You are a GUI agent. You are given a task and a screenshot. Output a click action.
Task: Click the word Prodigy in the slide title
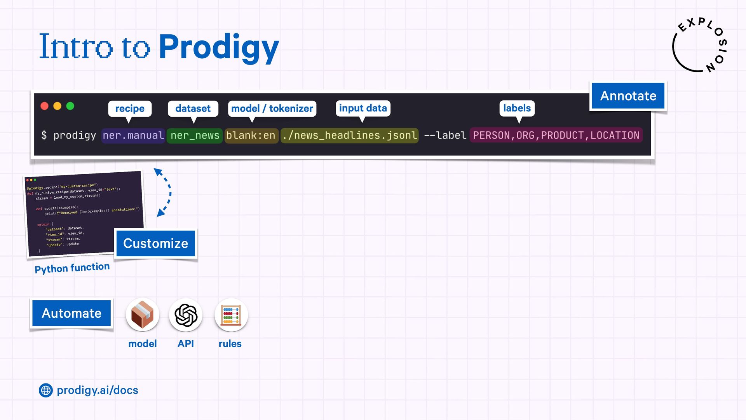219,47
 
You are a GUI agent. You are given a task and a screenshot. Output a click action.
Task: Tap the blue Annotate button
628,96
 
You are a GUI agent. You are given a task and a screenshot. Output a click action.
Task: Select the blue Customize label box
155,243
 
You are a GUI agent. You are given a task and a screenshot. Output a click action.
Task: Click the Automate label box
71,313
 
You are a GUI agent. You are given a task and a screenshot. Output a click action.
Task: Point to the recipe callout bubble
130,108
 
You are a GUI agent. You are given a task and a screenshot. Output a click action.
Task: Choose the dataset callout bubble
193,108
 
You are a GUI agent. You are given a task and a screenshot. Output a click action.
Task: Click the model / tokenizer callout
272,108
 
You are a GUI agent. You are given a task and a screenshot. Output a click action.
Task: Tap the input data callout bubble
363,108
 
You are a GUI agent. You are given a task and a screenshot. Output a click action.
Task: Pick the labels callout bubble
517,108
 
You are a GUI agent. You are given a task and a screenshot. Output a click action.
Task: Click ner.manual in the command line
133,136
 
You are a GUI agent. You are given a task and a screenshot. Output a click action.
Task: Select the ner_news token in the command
195,136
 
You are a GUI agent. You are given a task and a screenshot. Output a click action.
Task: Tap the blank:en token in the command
251,136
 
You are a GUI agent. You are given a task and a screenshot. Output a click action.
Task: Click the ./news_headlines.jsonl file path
350,136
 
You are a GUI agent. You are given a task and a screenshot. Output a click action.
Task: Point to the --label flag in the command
445,136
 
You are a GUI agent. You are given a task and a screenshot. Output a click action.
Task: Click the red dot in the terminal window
45,106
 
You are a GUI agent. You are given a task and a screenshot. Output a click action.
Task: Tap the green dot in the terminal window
70,106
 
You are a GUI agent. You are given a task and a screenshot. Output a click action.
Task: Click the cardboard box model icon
143,315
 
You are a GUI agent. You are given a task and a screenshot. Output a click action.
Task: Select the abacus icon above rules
231,315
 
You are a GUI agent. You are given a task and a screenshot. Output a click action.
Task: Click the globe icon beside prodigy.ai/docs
46,390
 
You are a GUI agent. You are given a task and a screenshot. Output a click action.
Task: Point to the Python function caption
72,268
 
